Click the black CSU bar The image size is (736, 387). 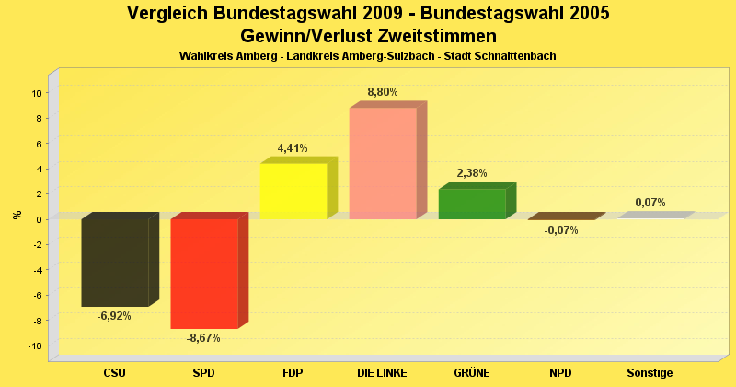(115, 263)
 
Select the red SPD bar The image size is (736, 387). (204, 274)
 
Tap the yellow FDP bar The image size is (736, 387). (293, 191)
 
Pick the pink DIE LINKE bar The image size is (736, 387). (383, 163)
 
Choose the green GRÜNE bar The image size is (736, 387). (472, 204)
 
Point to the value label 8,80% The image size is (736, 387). (383, 92)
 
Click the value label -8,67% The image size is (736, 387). (203, 338)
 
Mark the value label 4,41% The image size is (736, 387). (293, 147)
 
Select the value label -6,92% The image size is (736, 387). (114, 316)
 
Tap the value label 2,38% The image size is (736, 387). (472, 173)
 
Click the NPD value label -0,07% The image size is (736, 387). (561, 230)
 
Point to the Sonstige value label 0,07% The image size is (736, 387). (650, 203)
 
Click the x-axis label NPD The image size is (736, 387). (561, 373)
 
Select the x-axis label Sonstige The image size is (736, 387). (650, 373)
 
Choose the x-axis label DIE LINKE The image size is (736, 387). (383, 373)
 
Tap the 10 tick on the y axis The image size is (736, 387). (36, 93)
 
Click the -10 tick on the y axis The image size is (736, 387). (34, 346)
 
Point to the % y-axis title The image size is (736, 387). (17, 215)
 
